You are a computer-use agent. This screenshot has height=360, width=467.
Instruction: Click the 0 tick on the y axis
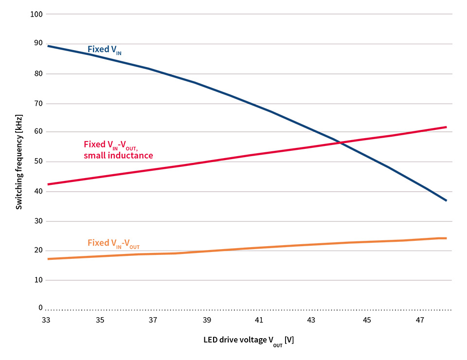pos(41,307)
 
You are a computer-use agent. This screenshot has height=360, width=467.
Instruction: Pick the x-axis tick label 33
pos(46,320)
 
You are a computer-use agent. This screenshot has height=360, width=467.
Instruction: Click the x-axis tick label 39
pos(206,320)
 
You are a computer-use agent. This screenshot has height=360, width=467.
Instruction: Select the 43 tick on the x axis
pos(312,320)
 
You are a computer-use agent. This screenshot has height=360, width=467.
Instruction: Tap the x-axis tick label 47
pos(420,320)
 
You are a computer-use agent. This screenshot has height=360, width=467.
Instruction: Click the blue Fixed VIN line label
pos(104,50)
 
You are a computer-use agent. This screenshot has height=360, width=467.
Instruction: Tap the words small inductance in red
pos(118,156)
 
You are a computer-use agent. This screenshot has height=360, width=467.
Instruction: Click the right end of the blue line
pos(446,200)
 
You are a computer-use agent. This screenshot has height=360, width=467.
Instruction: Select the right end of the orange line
pos(446,238)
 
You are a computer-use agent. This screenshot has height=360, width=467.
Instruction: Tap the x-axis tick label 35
pos(100,320)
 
